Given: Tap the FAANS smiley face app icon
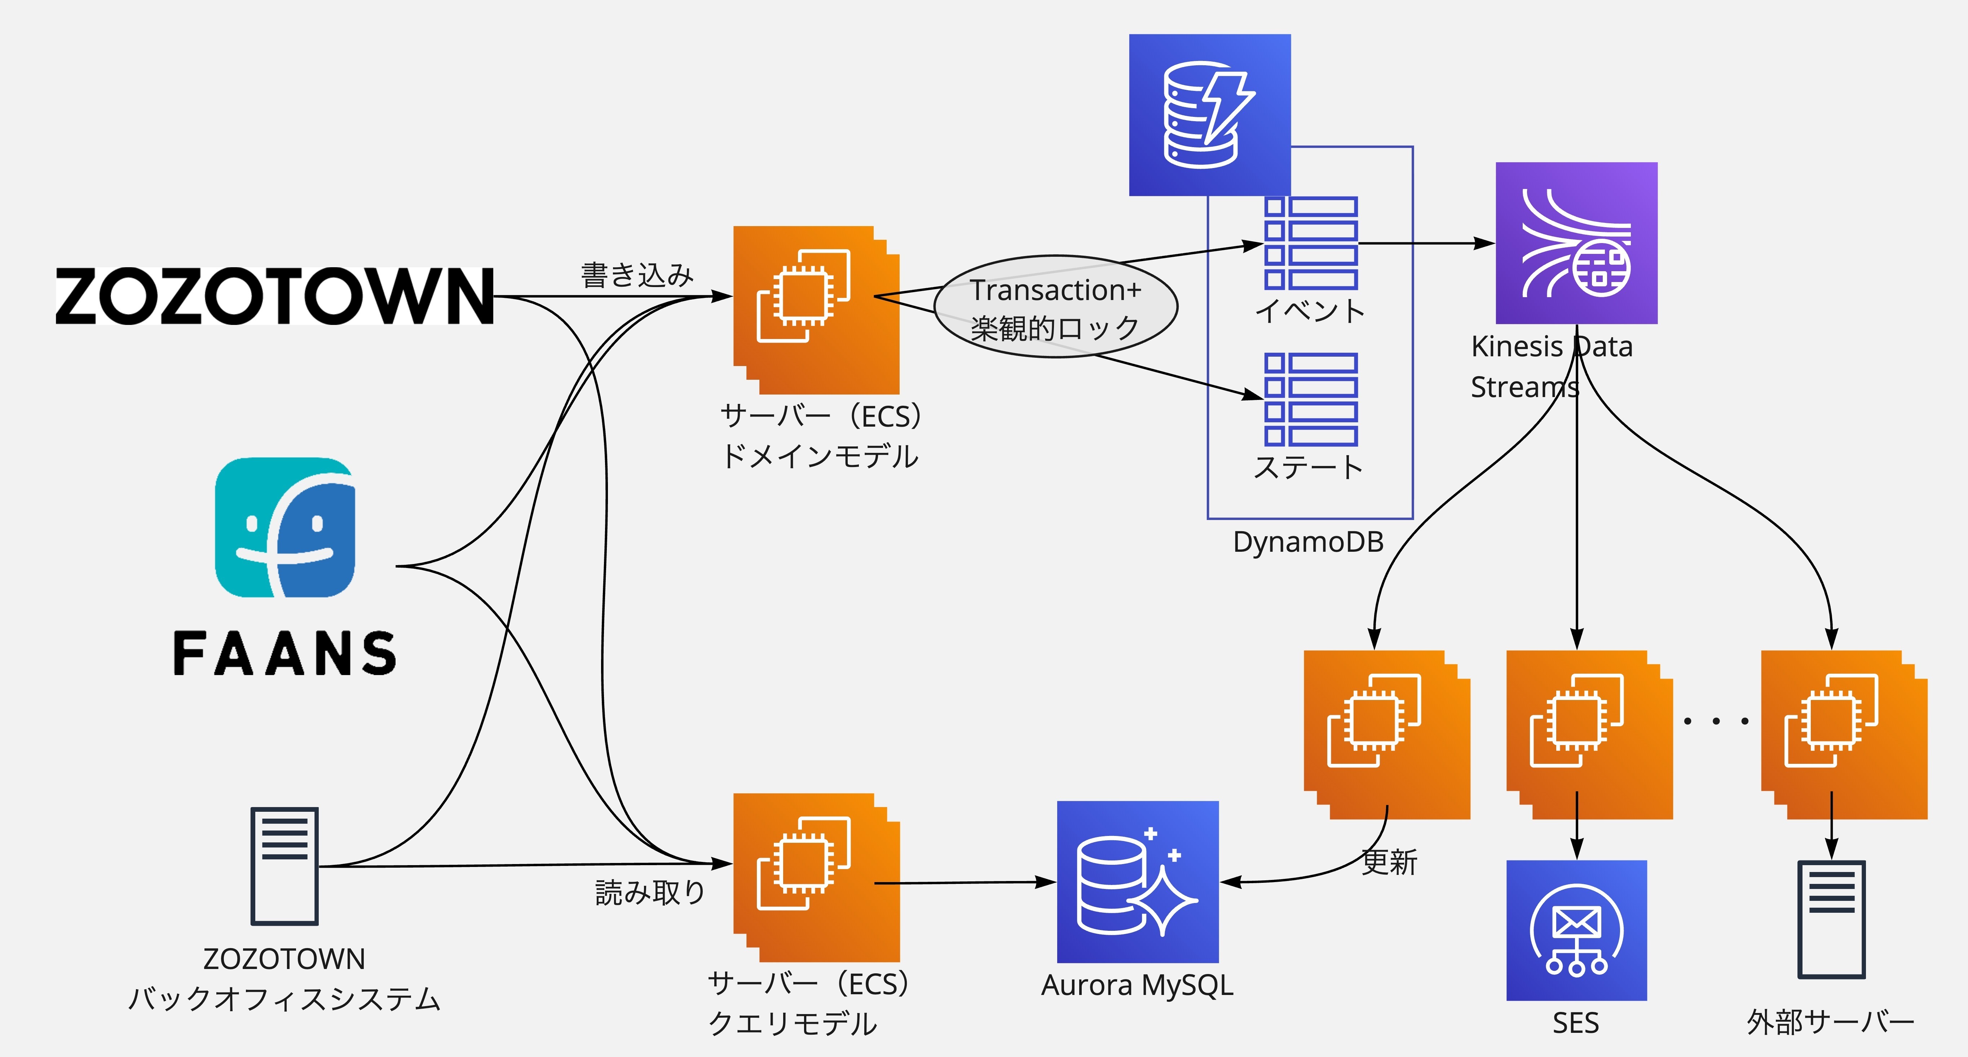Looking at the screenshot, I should click(x=285, y=527).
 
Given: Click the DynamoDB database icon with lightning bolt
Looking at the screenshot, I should click(x=1209, y=115).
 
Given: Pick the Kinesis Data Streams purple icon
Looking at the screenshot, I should click(x=1576, y=243).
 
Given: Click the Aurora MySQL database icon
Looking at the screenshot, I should click(x=1138, y=881).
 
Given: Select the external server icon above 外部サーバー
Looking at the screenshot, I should click(x=1831, y=920).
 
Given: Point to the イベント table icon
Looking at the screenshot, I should click(x=1311, y=243).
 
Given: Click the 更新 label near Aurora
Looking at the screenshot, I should click(x=1389, y=862).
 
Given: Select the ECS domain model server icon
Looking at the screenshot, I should click(x=816, y=309).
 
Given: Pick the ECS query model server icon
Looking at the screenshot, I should click(x=816, y=877).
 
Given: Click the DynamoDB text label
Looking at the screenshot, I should click(x=1308, y=542).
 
